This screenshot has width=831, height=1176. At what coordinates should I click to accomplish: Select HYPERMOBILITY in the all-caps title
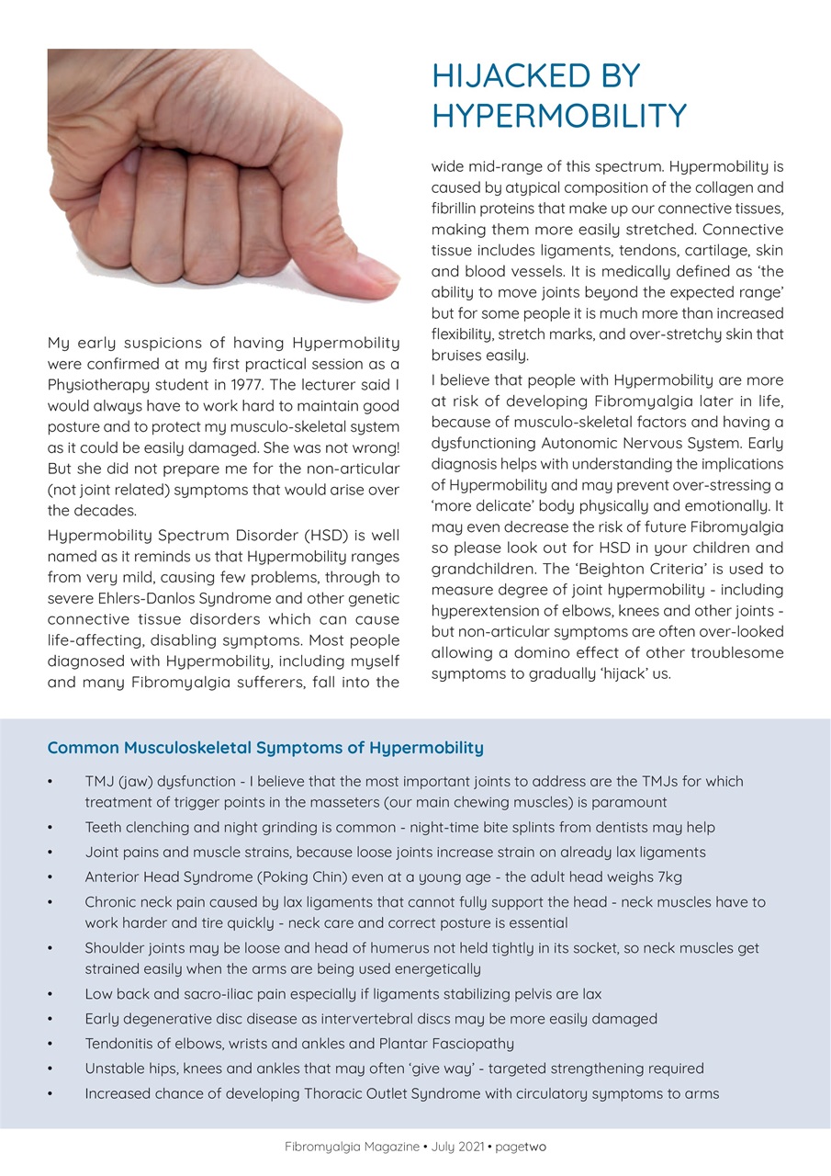559,116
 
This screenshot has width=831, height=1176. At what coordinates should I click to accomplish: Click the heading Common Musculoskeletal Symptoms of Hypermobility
265,748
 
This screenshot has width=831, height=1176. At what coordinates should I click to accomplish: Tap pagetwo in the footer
528,1148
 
